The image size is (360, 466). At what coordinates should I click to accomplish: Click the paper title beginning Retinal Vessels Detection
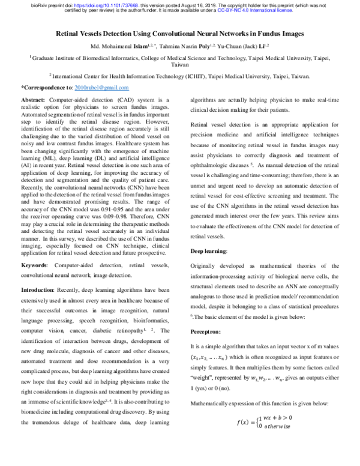[x=180, y=34]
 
